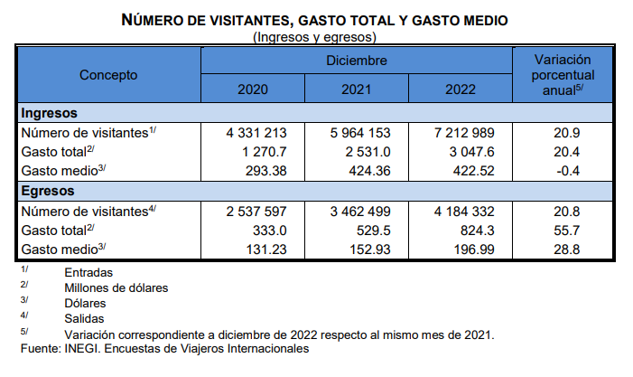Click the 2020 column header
click(x=253, y=90)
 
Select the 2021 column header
click(x=357, y=90)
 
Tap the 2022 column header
click(x=461, y=90)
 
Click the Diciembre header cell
click(x=357, y=61)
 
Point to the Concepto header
click(x=108, y=75)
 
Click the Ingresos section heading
click(x=50, y=113)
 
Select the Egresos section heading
click(x=48, y=191)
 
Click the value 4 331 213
click(x=256, y=133)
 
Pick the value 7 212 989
click(x=464, y=133)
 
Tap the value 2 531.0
click(x=368, y=152)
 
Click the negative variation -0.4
click(x=568, y=171)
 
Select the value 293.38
click(x=266, y=171)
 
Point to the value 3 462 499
click(x=360, y=212)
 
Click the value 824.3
click(x=478, y=231)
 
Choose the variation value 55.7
click(x=567, y=231)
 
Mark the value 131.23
click(x=266, y=250)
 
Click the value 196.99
click(x=474, y=250)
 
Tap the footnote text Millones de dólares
click(x=116, y=288)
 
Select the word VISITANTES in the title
click(x=250, y=20)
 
